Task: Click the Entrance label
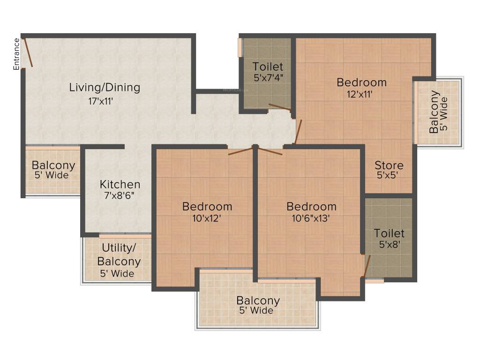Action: [x=16, y=54]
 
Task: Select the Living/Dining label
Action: [x=105, y=88]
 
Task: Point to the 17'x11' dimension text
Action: [x=101, y=101]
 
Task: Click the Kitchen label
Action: [x=120, y=184]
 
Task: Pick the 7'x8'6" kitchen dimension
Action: [x=120, y=195]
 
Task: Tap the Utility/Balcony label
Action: [x=119, y=255]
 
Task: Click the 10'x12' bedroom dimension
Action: [x=207, y=218]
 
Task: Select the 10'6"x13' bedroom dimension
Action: [x=311, y=218]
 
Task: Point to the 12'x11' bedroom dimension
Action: [x=360, y=94]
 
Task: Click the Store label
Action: [x=389, y=165]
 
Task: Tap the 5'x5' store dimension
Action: [x=388, y=175]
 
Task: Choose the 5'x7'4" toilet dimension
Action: [x=268, y=78]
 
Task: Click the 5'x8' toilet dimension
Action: [x=390, y=244]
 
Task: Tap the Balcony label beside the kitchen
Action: [x=53, y=165]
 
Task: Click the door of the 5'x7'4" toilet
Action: [x=280, y=107]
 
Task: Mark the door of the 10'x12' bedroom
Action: [x=241, y=150]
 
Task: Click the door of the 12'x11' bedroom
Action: [x=298, y=132]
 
